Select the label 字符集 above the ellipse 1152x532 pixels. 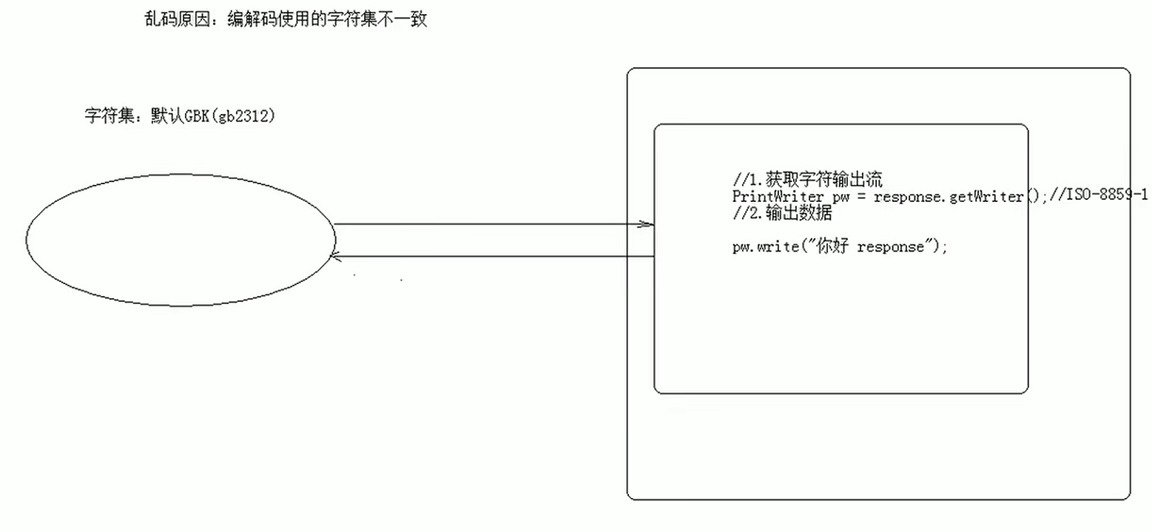pos(108,116)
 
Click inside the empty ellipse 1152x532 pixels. pos(180,239)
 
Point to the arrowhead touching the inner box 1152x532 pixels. pos(648,224)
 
